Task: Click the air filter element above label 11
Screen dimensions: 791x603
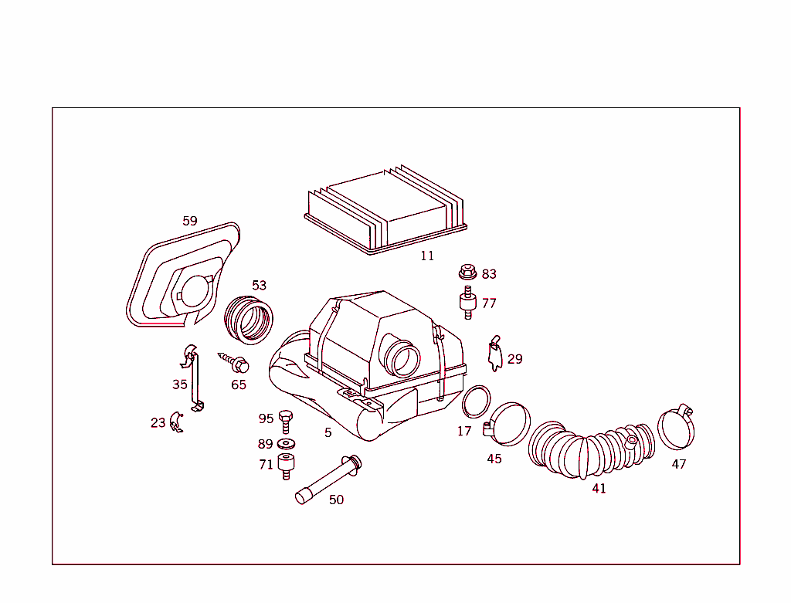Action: point(385,211)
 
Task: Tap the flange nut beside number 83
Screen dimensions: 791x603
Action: point(467,272)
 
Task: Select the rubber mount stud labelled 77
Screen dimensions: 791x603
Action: point(467,302)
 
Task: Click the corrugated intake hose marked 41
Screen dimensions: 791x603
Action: point(590,449)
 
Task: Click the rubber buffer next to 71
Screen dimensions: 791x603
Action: point(286,466)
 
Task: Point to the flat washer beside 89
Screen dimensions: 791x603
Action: point(287,444)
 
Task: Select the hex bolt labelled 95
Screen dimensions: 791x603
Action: point(286,422)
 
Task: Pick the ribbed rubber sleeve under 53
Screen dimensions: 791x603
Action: point(249,320)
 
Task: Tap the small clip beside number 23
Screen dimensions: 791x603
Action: point(176,422)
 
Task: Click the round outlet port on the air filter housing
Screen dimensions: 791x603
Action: point(402,358)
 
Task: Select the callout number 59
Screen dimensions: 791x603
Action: point(190,221)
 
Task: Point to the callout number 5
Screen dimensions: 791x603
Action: point(328,432)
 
